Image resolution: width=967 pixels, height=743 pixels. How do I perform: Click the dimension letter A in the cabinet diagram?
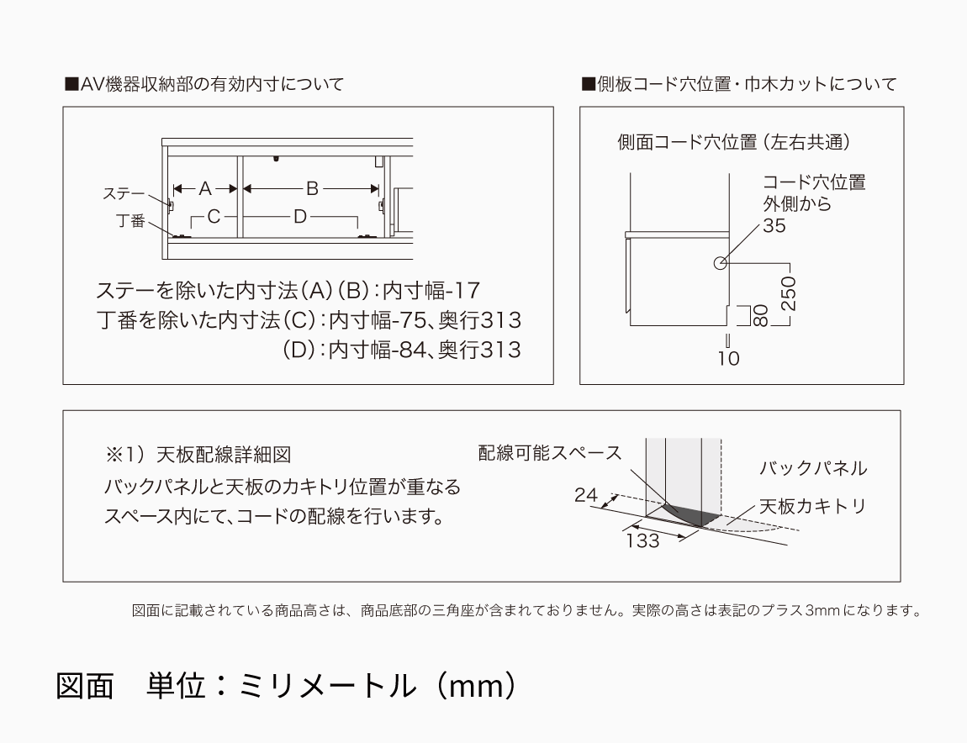tap(205, 189)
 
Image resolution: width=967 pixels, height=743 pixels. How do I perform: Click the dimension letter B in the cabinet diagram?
tap(311, 188)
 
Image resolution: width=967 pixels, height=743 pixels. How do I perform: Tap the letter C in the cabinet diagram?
tap(214, 217)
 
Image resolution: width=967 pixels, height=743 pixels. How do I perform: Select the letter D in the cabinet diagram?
tap(300, 217)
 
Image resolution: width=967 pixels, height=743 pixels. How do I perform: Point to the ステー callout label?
tap(124, 194)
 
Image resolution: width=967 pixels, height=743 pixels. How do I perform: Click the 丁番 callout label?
tap(130, 222)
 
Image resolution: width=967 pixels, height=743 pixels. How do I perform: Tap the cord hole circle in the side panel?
tap(720, 263)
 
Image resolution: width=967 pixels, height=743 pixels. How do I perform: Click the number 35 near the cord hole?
tap(774, 225)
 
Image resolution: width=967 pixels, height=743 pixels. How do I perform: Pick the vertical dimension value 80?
tap(759, 315)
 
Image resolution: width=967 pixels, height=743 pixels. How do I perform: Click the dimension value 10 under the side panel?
tap(729, 358)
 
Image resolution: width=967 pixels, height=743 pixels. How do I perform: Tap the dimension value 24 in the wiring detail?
tap(586, 495)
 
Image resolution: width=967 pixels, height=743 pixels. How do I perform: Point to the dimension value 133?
tap(642, 541)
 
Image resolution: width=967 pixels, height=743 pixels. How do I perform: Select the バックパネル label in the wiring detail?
tap(812, 469)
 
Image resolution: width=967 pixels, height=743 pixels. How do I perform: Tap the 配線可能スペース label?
tap(550, 453)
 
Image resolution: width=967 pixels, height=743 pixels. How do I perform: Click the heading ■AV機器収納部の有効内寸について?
tap(204, 84)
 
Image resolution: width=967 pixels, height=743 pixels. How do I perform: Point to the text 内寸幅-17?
tap(431, 291)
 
